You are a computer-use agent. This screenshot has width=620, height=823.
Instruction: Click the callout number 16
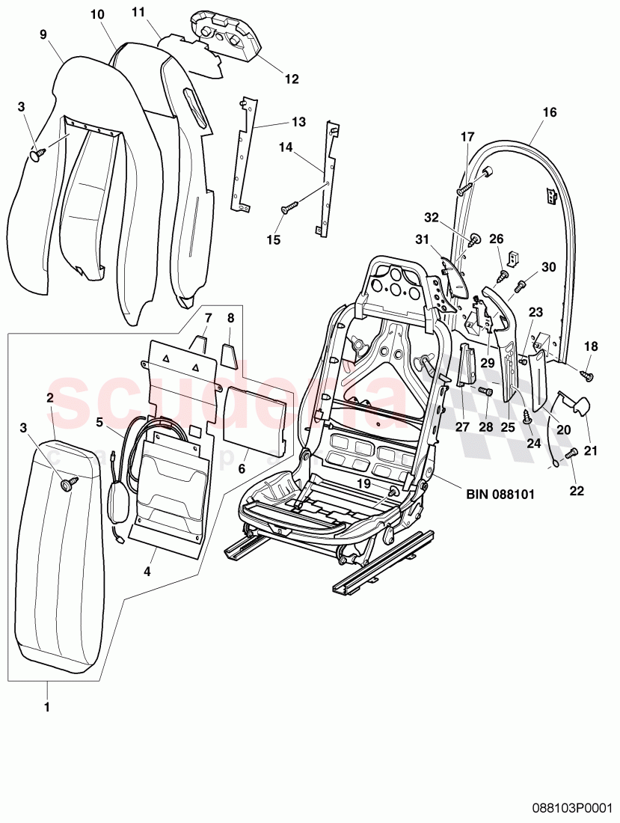tap(550, 112)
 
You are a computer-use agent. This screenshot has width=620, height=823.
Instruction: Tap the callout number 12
tap(291, 79)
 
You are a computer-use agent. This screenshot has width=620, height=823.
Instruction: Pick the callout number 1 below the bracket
tap(46, 705)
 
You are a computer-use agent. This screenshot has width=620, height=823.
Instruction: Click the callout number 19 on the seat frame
tap(363, 483)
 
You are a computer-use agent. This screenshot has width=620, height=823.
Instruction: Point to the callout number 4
tap(147, 572)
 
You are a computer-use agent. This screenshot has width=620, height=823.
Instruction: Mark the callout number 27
tap(461, 427)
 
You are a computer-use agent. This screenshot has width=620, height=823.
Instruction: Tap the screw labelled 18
tap(588, 375)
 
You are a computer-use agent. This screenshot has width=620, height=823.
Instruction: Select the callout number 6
tap(242, 468)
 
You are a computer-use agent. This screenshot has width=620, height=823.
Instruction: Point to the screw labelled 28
tap(488, 391)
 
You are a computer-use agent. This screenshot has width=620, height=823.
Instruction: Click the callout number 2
tap(49, 397)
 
